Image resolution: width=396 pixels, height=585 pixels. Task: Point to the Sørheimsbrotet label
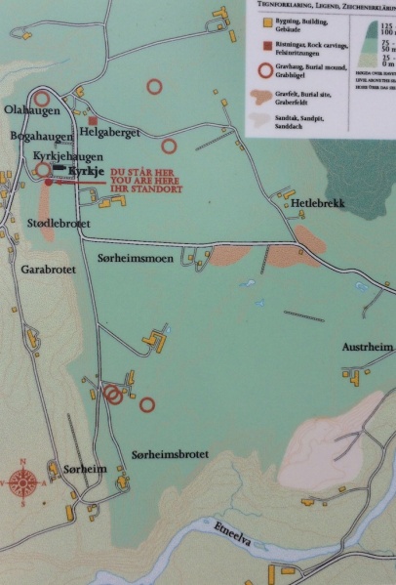point(170,455)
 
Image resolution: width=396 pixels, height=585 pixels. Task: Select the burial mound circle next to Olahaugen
point(42,99)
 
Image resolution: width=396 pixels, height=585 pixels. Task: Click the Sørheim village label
point(83,470)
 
